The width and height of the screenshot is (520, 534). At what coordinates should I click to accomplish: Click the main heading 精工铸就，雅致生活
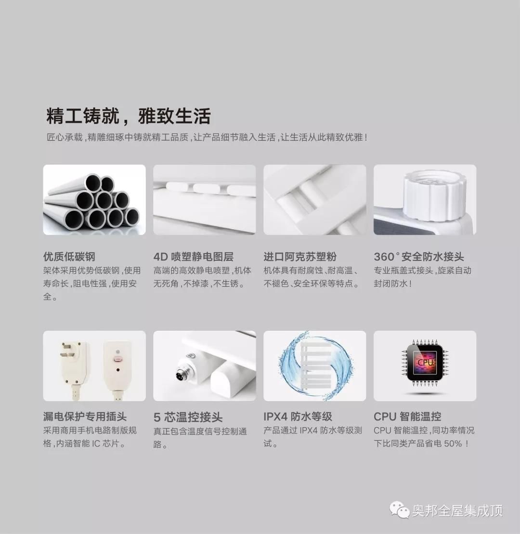tap(129, 117)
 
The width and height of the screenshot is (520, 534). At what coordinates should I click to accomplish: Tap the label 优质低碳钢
tap(69, 257)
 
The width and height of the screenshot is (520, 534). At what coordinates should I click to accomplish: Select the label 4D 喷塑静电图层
tap(193, 257)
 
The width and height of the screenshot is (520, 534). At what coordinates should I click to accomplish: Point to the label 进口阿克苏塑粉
tap(300, 257)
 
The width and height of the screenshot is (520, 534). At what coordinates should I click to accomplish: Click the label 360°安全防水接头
tap(419, 257)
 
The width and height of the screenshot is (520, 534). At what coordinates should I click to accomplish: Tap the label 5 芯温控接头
tap(188, 417)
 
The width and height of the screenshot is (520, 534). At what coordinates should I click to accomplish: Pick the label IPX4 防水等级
tap(298, 417)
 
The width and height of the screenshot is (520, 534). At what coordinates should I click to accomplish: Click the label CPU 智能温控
tap(407, 417)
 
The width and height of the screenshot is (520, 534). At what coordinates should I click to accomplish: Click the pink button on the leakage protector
tap(116, 359)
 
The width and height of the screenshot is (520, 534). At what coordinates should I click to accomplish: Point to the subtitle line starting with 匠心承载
tap(207, 138)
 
